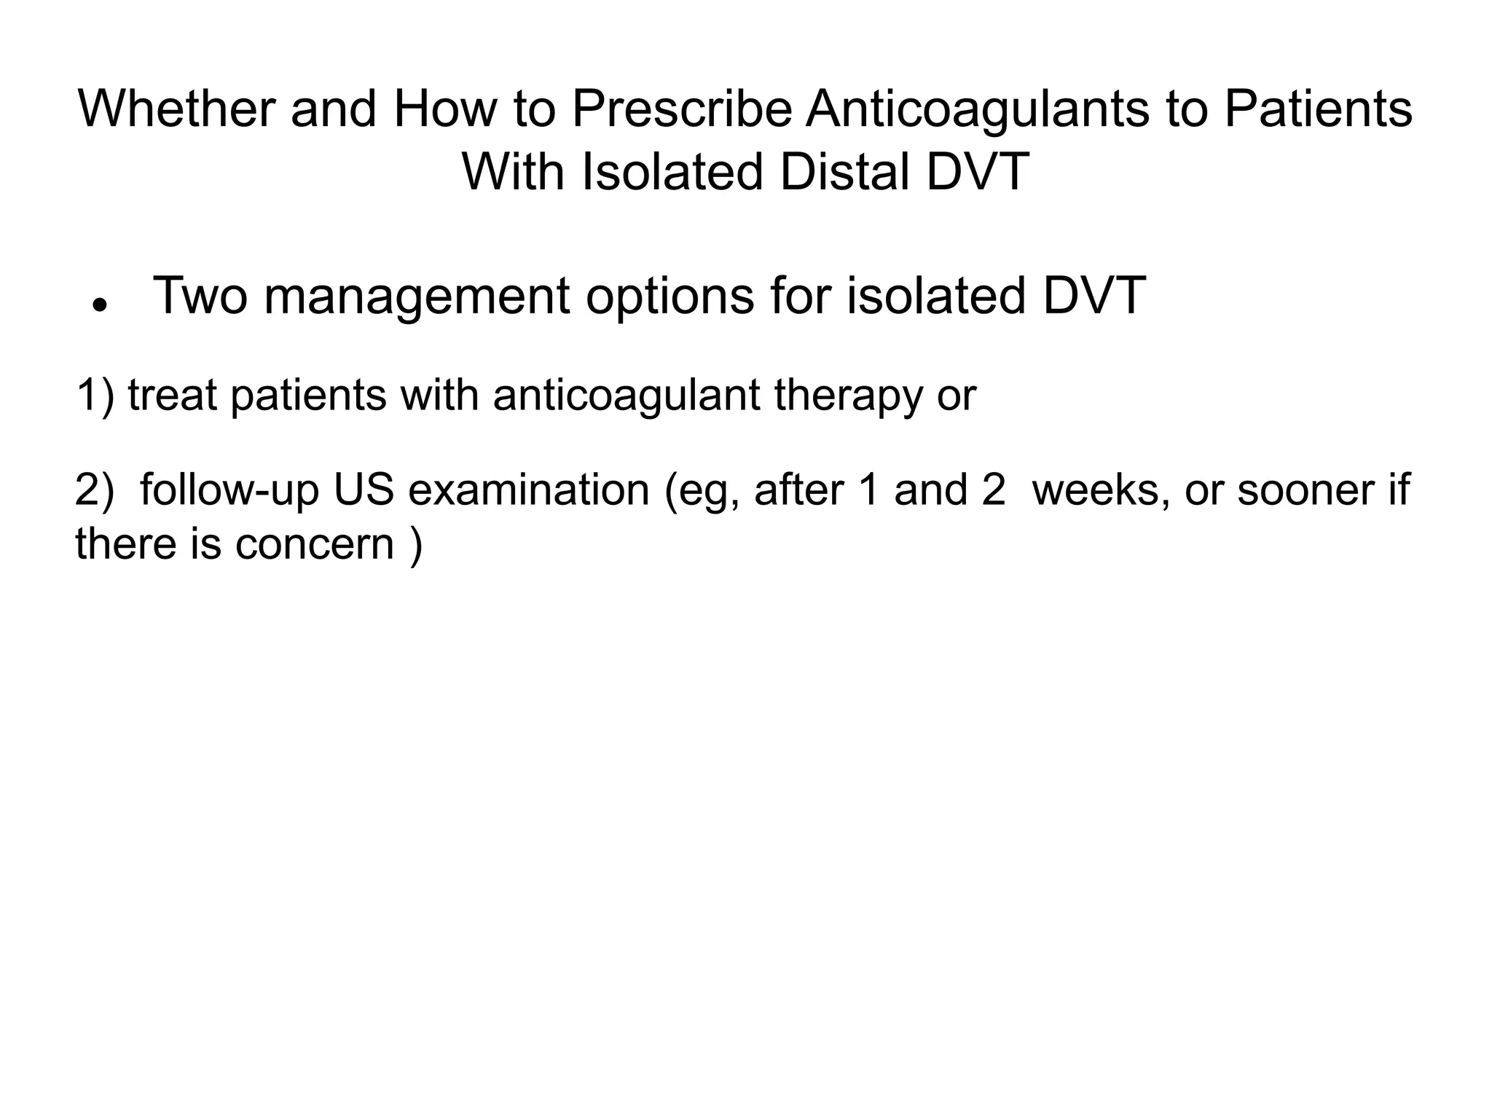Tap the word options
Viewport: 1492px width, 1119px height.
[670, 297]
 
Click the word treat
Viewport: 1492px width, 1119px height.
[173, 395]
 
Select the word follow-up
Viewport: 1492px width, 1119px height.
[229, 490]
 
